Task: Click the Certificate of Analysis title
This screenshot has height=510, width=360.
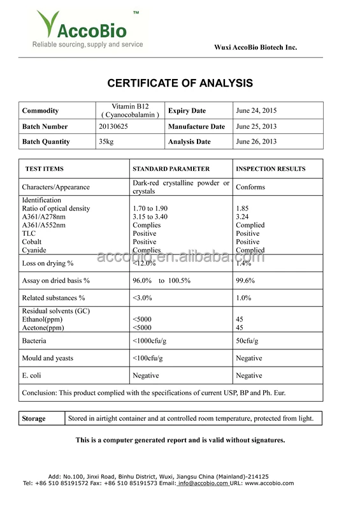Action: (180, 84)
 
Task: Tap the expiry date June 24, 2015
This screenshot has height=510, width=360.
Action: (256, 111)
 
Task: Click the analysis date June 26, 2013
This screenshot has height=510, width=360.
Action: (256, 142)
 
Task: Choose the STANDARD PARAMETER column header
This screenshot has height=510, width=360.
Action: (171, 169)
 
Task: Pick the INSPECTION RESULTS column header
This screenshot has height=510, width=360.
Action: (271, 169)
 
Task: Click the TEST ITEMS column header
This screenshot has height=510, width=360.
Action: (44, 169)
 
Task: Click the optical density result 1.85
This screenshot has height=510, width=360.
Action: (242, 208)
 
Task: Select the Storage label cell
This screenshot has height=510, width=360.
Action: (34, 419)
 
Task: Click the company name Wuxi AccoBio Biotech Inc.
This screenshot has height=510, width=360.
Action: (255, 47)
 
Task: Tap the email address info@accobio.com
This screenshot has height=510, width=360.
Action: (203, 484)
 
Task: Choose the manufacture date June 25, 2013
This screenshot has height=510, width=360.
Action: (256, 126)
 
